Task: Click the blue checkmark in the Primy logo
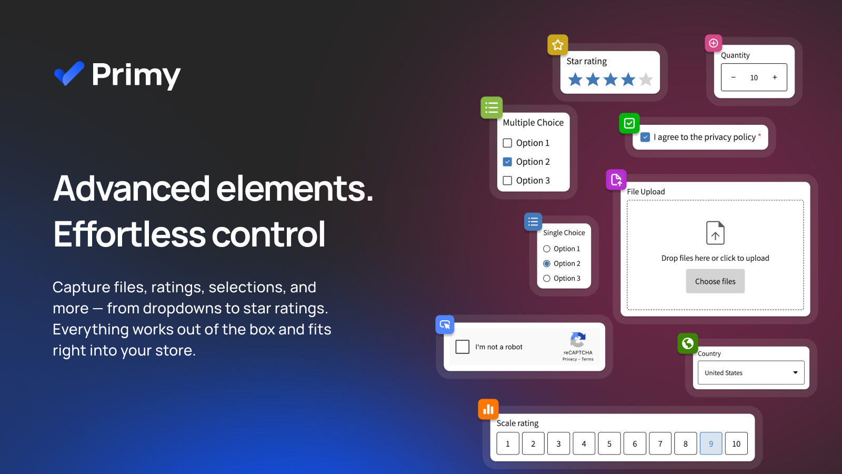69,74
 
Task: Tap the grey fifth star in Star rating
646,80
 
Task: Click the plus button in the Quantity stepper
775,77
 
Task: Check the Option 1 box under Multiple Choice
507,143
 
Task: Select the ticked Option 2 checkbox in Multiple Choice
507,162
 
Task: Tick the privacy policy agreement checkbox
645,137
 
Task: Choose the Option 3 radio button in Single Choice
547,279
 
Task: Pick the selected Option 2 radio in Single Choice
547,264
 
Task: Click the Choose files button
715,281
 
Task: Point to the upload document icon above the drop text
715,233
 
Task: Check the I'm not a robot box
463,347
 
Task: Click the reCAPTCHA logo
578,340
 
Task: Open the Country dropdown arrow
795,372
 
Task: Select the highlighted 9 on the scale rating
711,443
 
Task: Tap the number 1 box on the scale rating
508,443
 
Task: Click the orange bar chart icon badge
488,409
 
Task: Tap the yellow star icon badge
558,45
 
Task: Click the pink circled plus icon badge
714,43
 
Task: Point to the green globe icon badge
687,343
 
